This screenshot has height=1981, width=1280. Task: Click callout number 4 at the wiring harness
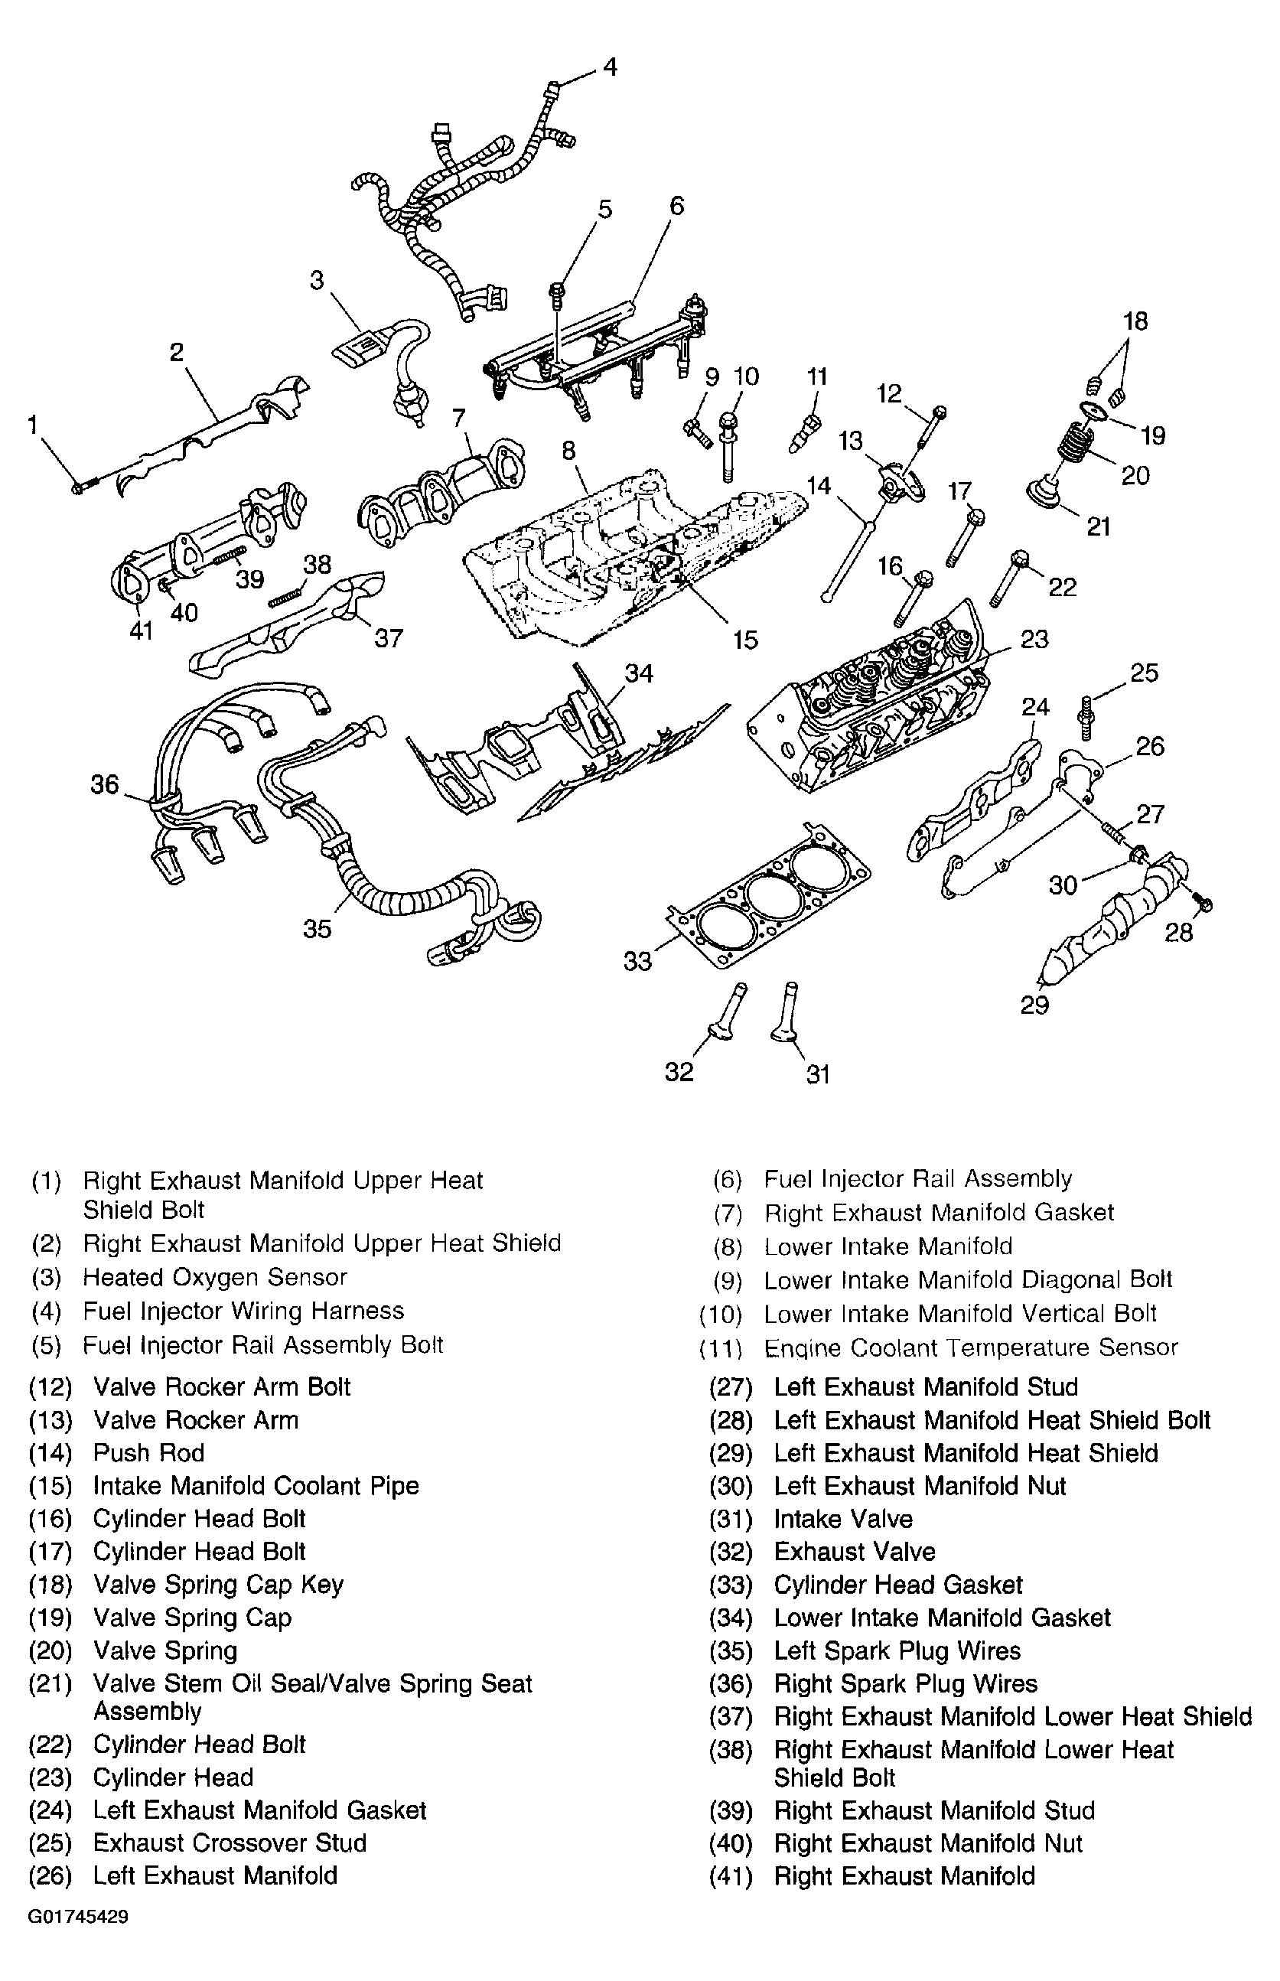610,67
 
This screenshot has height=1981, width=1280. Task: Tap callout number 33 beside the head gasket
638,961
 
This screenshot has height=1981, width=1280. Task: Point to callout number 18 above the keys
1135,321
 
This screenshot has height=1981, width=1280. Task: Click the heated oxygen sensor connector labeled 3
358,344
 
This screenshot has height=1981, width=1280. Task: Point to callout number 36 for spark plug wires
105,784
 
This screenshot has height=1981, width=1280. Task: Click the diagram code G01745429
78,1941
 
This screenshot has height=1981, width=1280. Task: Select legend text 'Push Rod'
148,1452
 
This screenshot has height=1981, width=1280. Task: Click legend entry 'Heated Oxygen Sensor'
214,1277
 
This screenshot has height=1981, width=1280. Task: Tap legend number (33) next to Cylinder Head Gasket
731,1585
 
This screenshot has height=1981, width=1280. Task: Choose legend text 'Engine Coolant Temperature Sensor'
970,1347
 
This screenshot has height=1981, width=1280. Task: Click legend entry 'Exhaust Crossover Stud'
230,1843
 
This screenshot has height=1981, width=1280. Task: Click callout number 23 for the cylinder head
1034,639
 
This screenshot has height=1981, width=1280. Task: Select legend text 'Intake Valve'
843,1519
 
